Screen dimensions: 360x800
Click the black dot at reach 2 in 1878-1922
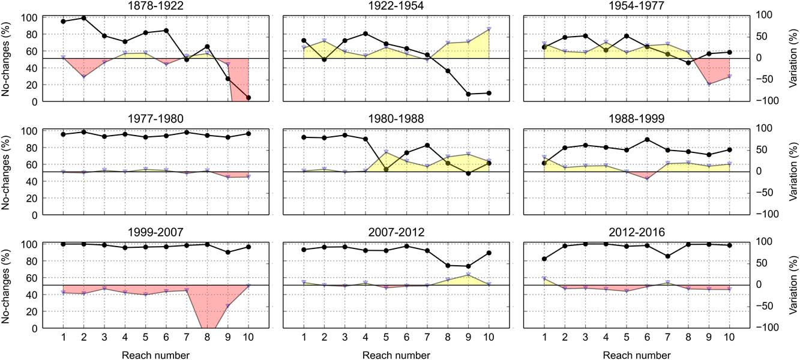tap(83, 18)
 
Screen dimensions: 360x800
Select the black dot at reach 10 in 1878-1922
tap(248, 98)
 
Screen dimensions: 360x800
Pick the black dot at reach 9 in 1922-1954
tap(468, 94)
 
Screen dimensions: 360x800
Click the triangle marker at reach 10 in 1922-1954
tap(489, 29)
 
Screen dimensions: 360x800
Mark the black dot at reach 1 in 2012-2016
tap(544, 259)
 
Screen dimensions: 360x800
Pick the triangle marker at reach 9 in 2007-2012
tap(468, 275)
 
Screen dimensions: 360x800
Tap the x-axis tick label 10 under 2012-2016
tap(729, 338)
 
